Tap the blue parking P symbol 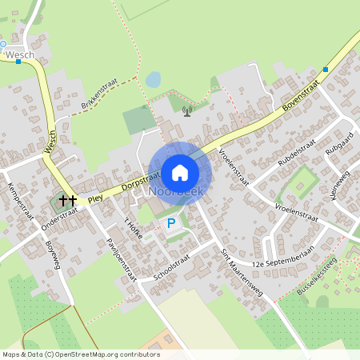170,223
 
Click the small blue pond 152,79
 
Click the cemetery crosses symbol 67,200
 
